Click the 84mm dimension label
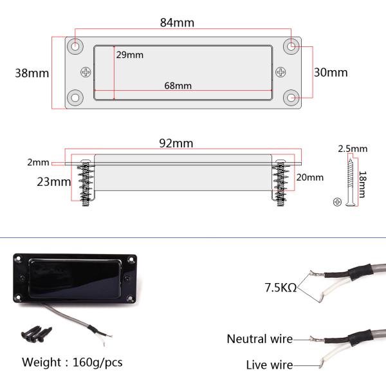177,23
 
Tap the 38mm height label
32,73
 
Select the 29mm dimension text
130,55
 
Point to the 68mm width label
178,86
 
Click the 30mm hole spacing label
331,72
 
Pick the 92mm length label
176,143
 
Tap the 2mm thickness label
38,162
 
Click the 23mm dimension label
54,182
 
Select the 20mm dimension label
309,178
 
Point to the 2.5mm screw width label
353,149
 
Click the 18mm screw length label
362,185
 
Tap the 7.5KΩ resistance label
280,288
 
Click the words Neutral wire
260,339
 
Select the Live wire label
270,365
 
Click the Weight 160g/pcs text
72,362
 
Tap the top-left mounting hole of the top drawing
75,46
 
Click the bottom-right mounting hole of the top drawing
291,98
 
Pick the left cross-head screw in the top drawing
86,72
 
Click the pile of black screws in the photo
37,334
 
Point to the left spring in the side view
85,183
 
